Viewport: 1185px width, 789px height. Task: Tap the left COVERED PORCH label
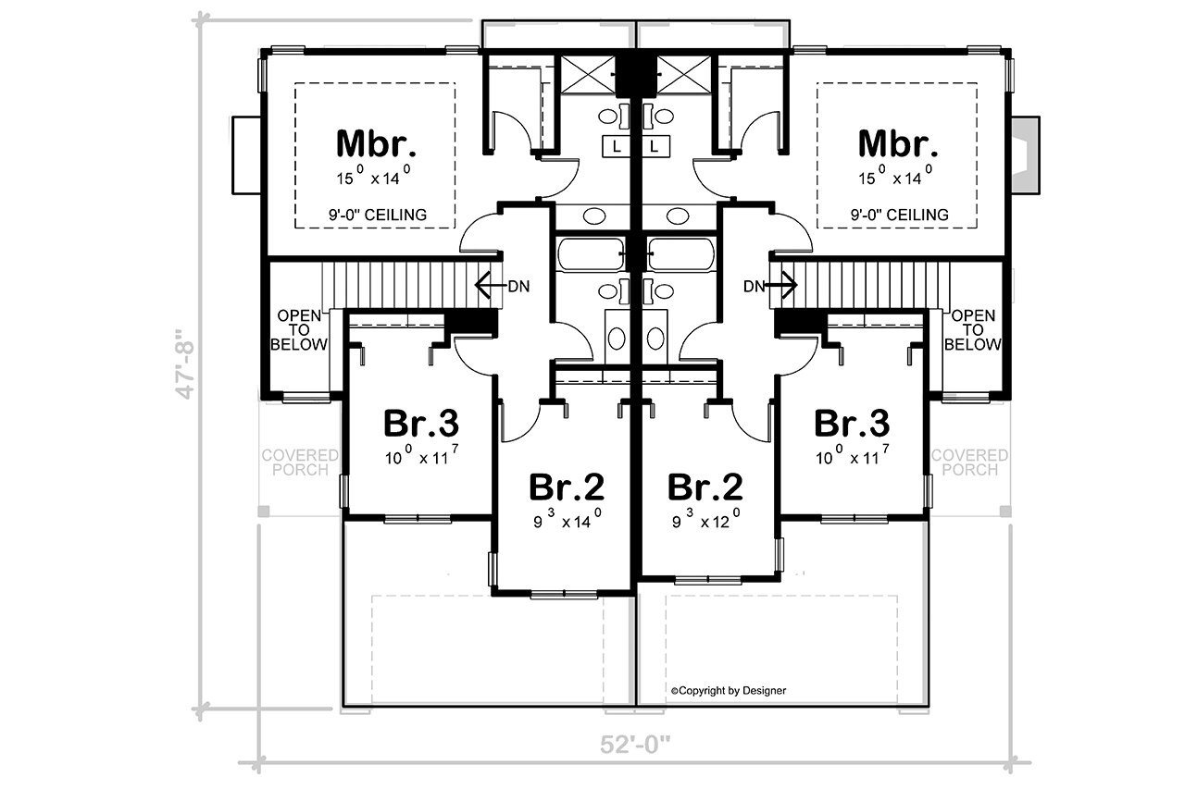tap(299, 462)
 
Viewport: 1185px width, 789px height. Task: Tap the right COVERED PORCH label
tap(969, 462)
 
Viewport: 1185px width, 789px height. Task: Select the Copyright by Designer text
tap(729, 690)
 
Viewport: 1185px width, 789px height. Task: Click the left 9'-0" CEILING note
tap(376, 215)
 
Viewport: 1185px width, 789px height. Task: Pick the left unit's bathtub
tap(591, 253)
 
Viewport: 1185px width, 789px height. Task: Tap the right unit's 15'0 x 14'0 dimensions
tap(898, 172)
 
